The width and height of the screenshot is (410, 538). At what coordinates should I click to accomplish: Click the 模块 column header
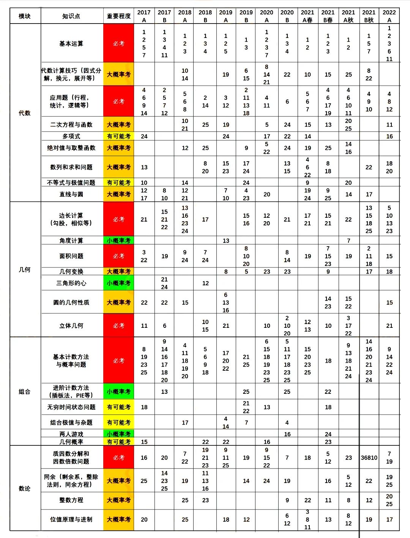coord(25,16)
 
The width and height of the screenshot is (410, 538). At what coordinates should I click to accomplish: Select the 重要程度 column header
coord(118,16)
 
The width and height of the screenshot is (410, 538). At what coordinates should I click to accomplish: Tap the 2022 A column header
coord(389,16)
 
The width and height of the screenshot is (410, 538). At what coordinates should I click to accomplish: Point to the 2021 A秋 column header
coord(348,16)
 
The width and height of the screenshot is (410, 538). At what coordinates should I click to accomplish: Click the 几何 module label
coord(25,269)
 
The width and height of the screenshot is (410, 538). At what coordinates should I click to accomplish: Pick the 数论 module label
coord(25,488)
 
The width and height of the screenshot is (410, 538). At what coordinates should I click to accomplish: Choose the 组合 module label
coord(25,392)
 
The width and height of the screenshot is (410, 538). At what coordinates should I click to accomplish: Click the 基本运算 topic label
coord(71,44)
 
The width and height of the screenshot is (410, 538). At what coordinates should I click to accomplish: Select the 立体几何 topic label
coord(71,326)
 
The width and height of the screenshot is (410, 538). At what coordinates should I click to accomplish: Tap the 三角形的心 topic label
coord(71,283)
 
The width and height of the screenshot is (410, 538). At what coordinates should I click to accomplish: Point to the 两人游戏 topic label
coord(71,434)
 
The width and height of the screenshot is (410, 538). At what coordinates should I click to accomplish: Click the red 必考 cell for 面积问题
coord(118,256)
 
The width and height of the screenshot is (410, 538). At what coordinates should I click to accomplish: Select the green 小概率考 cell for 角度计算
coord(118,241)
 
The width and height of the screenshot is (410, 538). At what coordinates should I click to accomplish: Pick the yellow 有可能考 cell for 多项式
coord(118,136)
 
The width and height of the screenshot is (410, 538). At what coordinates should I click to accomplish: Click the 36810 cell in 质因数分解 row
coord(369,458)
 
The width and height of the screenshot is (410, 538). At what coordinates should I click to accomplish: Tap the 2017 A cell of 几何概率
coord(144,442)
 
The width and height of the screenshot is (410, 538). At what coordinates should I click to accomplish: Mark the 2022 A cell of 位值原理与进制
coord(389,519)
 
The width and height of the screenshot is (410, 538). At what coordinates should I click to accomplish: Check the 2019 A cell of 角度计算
coord(226,241)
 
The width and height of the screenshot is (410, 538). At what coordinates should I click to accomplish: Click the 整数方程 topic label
coord(71,500)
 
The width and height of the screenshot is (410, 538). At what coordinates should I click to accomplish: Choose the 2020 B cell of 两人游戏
coord(287,434)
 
